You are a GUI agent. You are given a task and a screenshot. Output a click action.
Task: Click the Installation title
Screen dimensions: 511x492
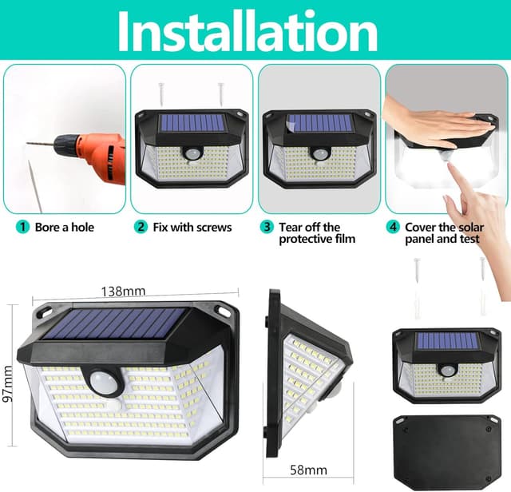pyautogui.click(x=248, y=31)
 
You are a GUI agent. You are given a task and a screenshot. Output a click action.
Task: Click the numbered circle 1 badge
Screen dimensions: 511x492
pyautogui.click(x=22, y=227)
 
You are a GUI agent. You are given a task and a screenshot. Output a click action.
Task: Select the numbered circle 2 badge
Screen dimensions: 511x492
pyautogui.click(x=141, y=227)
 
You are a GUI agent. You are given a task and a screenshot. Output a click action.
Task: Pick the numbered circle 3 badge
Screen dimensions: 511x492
pyautogui.click(x=267, y=227)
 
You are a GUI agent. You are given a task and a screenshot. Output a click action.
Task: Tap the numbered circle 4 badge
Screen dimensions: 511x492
pyautogui.click(x=393, y=227)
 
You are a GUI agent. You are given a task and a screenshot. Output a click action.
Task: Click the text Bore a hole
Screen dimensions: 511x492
pyautogui.click(x=65, y=228)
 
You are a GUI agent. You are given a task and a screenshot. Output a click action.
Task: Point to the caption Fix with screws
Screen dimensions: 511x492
pyautogui.click(x=192, y=228)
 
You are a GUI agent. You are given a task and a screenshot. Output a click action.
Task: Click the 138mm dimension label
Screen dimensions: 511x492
pyautogui.click(x=123, y=292)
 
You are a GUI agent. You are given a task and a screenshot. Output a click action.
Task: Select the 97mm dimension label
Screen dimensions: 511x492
pyautogui.click(x=7, y=383)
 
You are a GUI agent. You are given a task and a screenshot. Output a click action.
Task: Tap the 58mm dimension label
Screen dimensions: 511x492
pyautogui.click(x=308, y=470)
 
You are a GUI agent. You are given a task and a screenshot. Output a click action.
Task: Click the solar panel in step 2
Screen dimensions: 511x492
pyautogui.click(x=192, y=123)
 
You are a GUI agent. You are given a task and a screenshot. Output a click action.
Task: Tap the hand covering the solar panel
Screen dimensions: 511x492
pyautogui.click(x=437, y=125)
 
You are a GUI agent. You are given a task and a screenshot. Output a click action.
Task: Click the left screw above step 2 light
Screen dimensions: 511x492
pyautogui.click(x=161, y=94)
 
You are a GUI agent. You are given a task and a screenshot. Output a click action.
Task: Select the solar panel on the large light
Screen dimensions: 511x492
pyautogui.click(x=114, y=323)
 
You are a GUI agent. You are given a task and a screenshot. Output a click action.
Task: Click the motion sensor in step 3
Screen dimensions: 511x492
pyautogui.click(x=319, y=153)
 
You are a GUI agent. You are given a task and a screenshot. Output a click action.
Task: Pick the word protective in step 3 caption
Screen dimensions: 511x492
pyautogui.click(x=302, y=240)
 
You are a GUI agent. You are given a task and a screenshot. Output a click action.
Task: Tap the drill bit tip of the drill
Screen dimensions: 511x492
pyautogui.click(x=27, y=143)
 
